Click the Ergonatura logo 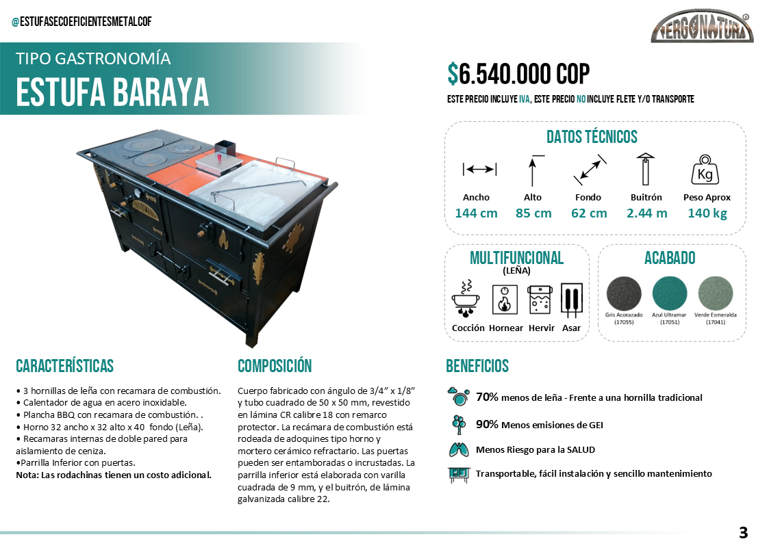click(x=702, y=29)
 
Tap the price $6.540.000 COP click(x=518, y=74)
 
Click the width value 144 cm click(x=476, y=213)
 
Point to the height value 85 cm click(x=533, y=213)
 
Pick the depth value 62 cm click(x=589, y=213)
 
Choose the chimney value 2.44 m click(x=646, y=213)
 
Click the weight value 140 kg click(x=707, y=213)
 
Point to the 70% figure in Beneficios click(x=487, y=397)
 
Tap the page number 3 click(x=743, y=532)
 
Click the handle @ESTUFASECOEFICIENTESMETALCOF click(x=81, y=22)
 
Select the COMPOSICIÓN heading click(x=275, y=366)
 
